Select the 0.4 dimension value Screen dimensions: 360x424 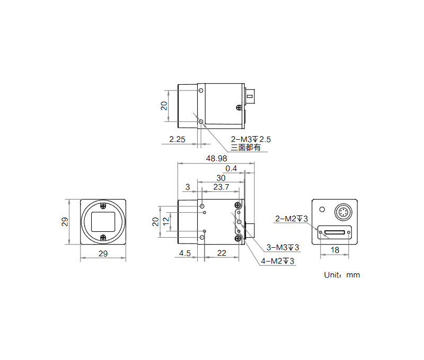[231, 169]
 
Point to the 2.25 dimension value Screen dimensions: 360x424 [176, 140]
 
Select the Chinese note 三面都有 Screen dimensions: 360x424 [245, 148]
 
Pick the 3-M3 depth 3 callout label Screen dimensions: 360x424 [282, 247]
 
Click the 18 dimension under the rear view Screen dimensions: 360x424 [335, 250]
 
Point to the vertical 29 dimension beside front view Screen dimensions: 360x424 [65, 222]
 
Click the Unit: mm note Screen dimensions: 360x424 [342, 275]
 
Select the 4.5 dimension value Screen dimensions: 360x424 [185, 254]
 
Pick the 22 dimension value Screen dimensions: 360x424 [222, 254]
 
